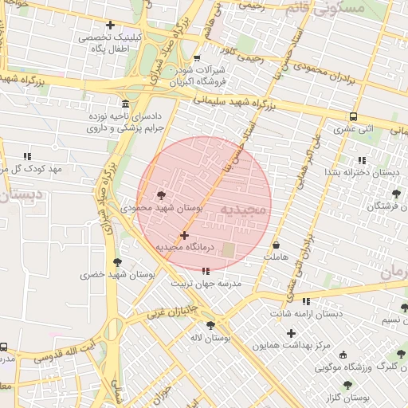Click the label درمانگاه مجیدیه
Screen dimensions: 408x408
185,248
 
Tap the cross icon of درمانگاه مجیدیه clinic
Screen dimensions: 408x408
185,235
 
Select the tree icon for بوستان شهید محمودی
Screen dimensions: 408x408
162,194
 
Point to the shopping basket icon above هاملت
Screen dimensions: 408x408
276,245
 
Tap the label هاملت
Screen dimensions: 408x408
276,257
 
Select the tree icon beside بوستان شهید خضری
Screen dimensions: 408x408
117,262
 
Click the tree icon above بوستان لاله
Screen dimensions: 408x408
210,325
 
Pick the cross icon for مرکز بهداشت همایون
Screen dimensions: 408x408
291,332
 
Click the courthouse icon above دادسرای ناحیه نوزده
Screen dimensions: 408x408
124,104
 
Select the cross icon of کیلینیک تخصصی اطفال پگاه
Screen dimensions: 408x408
110,25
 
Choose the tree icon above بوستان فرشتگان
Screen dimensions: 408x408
395,194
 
